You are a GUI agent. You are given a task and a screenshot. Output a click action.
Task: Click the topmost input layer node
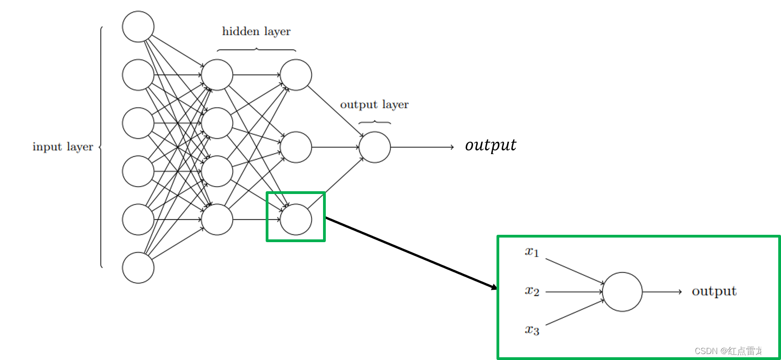138,27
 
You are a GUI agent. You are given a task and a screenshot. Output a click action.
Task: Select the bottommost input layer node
138,267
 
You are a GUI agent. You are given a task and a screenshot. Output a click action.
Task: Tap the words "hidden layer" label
256,32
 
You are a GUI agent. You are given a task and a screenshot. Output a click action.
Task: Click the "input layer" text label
62,147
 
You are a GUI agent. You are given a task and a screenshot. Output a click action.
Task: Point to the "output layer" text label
374,105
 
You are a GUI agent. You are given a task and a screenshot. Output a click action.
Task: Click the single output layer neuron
374,147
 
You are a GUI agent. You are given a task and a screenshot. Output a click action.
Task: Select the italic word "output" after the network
490,145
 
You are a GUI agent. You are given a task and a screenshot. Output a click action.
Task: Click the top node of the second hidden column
296,75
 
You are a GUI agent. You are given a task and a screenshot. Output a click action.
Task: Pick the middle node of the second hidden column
296,147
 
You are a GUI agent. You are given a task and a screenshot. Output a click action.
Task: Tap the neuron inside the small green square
296,219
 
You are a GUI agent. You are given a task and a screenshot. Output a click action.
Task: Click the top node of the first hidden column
217,75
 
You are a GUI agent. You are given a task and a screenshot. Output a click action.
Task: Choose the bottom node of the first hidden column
217,219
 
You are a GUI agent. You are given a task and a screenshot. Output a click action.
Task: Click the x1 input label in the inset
532,252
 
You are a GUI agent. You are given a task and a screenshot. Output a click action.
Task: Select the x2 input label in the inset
532,291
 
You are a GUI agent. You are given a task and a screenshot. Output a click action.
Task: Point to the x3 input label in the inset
532,330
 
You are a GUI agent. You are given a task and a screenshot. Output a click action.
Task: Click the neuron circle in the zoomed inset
622,292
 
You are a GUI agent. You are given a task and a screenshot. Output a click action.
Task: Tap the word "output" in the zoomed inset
714,291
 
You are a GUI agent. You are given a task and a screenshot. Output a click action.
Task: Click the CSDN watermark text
733,351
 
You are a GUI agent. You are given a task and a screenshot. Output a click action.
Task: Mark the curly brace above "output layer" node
374,122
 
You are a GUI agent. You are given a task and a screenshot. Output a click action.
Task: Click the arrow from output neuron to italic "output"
422,147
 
